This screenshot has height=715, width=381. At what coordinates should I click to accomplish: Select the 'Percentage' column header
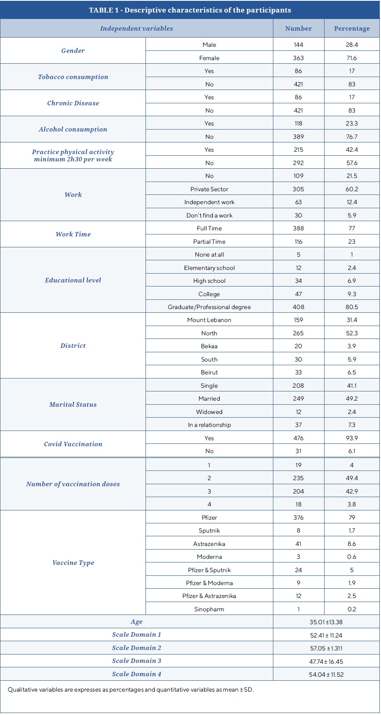pyautogui.click(x=352, y=29)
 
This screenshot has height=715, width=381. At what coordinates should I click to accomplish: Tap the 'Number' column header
pyautogui.click(x=298, y=29)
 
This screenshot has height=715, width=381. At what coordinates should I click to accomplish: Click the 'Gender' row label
pyautogui.click(x=73, y=51)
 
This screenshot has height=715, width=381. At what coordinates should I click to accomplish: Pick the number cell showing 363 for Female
pyautogui.click(x=298, y=58)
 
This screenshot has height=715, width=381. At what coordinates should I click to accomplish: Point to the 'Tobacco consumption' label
pyautogui.click(x=73, y=77)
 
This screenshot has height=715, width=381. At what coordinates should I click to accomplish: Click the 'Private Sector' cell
pyautogui.click(x=209, y=189)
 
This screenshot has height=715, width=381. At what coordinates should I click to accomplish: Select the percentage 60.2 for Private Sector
pyautogui.click(x=352, y=189)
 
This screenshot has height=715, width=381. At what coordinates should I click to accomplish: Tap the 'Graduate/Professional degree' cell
pyautogui.click(x=209, y=307)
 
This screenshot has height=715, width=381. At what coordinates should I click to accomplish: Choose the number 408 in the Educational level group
pyautogui.click(x=298, y=307)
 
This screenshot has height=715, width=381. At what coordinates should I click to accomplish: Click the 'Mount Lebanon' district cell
pyautogui.click(x=209, y=320)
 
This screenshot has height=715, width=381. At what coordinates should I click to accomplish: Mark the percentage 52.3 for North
pyautogui.click(x=352, y=333)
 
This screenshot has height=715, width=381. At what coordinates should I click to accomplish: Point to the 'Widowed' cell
pyautogui.click(x=209, y=412)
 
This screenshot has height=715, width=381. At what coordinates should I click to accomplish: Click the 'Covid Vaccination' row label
pyautogui.click(x=73, y=444)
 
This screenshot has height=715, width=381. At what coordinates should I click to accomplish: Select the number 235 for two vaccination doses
pyautogui.click(x=298, y=478)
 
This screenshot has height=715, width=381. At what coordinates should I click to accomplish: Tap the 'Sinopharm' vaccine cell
pyautogui.click(x=209, y=609)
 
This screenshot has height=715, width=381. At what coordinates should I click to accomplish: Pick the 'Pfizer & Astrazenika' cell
pyautogui.click(x=209, y=596)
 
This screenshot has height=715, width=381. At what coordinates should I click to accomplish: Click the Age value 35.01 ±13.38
pyautogui.click(x=326, y=622)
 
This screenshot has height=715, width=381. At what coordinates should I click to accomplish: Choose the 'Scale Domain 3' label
pyautogui.click(x=137, y=661)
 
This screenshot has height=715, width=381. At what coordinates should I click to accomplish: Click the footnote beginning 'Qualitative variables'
pyautogui.click(x=131, y=690)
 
